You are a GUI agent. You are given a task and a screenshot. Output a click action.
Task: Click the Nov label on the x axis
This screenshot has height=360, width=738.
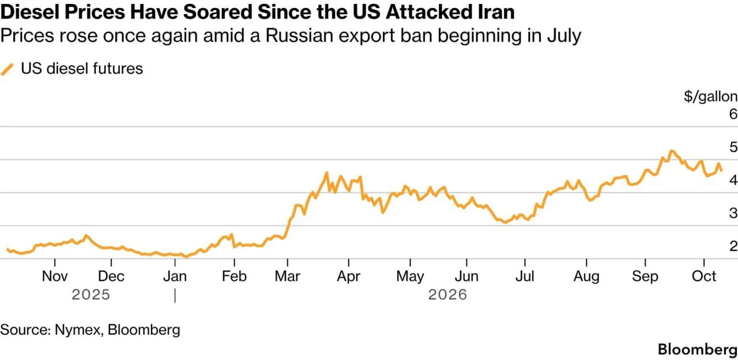[55, 276]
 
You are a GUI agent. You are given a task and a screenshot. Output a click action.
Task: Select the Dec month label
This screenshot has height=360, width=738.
[111, 276]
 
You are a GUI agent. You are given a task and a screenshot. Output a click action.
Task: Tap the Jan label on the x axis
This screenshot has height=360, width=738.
[175, 276]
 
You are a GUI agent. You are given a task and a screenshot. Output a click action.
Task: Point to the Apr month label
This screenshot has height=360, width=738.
[349, 277]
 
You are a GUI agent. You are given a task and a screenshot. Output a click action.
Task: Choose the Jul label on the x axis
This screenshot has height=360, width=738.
[525, 276]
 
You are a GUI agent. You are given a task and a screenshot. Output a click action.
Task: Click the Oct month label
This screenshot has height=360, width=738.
[704, 276]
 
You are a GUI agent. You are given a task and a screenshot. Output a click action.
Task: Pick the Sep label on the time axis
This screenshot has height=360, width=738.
[645, 277]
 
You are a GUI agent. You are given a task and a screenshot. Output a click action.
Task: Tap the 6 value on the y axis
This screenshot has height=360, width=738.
[733, 114]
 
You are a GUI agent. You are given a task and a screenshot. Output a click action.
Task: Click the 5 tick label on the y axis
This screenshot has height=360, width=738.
[733, 147]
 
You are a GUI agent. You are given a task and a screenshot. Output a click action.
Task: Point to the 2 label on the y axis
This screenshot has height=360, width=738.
[733, 246]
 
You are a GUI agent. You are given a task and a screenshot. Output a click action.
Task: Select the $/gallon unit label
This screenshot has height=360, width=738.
[711, 96]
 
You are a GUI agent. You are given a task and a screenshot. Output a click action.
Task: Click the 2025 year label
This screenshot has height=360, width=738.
[91, 295]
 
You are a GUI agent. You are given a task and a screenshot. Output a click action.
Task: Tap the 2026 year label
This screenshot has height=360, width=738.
[448, 295]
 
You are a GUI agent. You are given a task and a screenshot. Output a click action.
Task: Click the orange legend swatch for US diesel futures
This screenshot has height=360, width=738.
[7, 69]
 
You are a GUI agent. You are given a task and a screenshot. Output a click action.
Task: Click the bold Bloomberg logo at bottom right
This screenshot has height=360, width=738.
[698, 350]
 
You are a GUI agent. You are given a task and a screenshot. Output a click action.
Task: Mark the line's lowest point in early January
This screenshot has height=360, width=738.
[186, 257]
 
